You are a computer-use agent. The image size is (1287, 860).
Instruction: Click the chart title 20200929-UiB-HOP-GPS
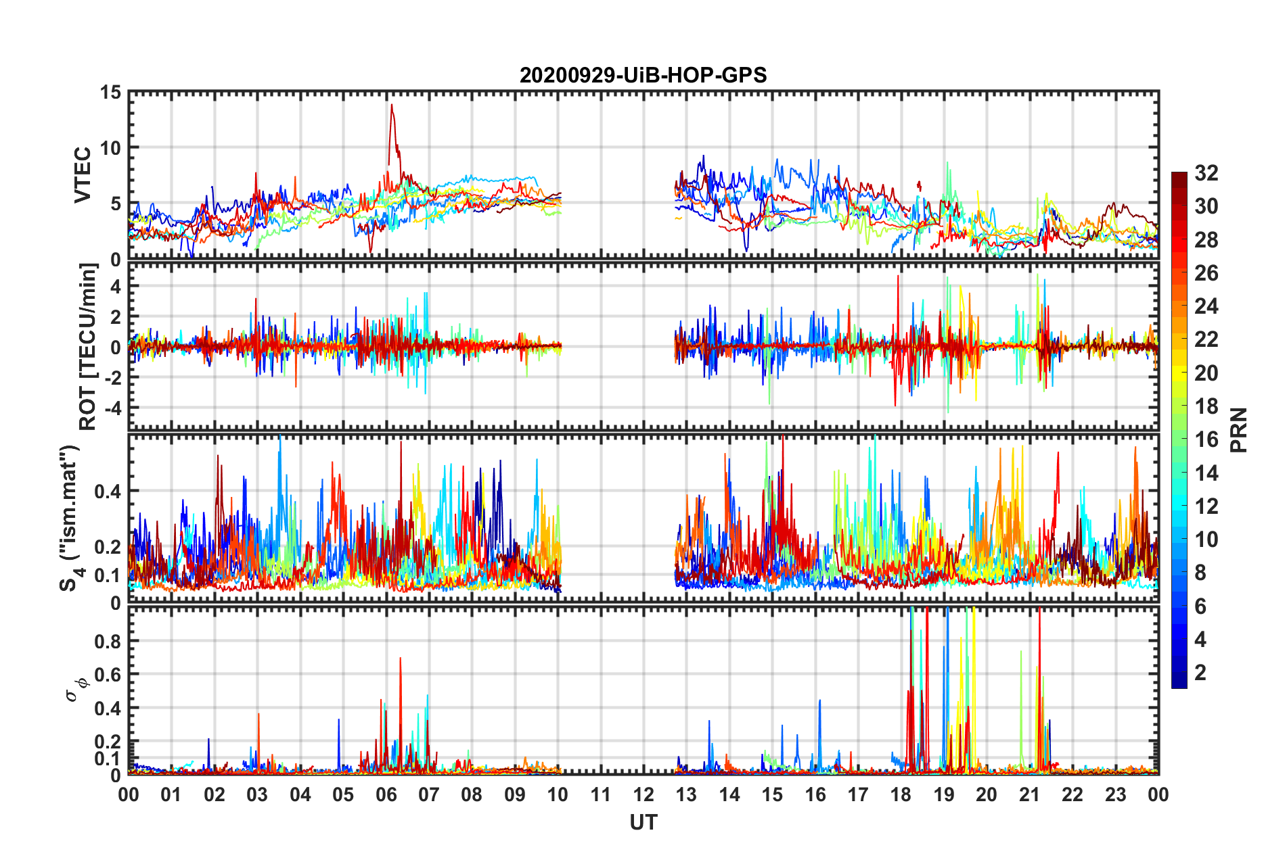pyautogui.click(x=643, y=75)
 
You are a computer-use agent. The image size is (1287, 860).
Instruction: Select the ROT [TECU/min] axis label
pyautogui.click(x=88, y=347)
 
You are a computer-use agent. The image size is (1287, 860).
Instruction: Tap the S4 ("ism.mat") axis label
pyautogui.click(x=70, y=518)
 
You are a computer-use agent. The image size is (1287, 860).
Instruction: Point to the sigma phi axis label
pyautogui.click(x=76, y=689)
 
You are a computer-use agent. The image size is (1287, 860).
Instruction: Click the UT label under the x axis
pyautogui.click(x=643, y=823)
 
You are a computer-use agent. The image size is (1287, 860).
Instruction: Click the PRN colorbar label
pyautogui.click(x=1239, y=430)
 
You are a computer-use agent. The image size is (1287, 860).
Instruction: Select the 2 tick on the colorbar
pyautogui.click(x=1200, y=673)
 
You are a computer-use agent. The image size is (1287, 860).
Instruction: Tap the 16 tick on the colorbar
pyautogui.click(x=1206, y=439)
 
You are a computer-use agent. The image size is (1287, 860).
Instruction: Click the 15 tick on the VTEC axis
pyautogui.click(x=110, y=92)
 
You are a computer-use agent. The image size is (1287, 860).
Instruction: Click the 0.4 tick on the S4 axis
pyautogui.click(x=108, y=491)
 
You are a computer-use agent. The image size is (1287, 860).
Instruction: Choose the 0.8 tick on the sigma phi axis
pyautogui.click(x=108, y=641)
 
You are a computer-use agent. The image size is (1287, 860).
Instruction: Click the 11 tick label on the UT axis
pyautogui.click(x=600, y=794)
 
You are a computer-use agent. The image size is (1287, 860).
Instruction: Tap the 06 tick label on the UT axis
pyautogui.click(x=386, y=794)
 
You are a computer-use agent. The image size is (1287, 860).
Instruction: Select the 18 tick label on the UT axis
pyautogui.click(x=901, y=794)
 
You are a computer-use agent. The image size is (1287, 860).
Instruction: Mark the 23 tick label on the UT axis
pyautogui.click(x=1115, y=794)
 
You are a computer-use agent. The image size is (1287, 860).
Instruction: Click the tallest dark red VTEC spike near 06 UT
pyautogui.click(x=391, y=105)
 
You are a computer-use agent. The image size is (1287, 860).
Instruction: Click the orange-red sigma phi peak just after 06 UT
pyautogui.click(x=400, y=658)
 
